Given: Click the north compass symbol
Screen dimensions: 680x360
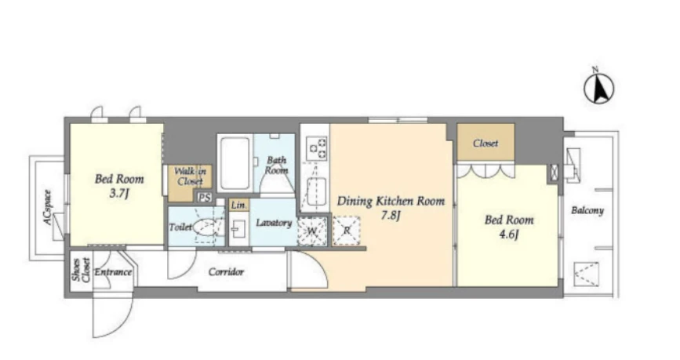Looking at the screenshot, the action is coord(598,88).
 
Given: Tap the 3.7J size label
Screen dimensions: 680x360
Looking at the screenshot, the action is coord(119,194).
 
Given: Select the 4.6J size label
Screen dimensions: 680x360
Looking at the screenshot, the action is coord(509,235).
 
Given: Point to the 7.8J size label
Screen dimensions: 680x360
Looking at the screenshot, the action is coord(391,215).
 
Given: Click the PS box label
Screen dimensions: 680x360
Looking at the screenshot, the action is coord(205,198).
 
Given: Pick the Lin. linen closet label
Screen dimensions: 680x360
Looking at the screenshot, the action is coord(238,205).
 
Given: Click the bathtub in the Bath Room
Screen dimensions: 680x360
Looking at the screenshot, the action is coord(235,163).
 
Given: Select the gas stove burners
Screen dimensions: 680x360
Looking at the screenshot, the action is coord(317,148).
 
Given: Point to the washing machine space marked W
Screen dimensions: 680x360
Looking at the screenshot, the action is coord(312,231).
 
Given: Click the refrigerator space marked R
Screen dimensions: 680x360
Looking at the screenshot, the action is coord(346,231).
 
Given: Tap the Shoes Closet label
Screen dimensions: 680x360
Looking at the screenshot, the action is coord(82,270).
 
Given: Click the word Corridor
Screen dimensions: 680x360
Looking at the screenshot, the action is coord(226,272).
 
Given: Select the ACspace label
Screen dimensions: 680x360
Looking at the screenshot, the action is coord(47,208).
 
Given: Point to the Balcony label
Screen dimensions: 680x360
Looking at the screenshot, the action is coord(587,211).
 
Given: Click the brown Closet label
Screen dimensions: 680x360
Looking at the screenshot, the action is coord(485,143).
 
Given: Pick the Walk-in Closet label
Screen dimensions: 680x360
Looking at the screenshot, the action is coord(190,176).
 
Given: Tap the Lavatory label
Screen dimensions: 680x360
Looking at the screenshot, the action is coord(274,223).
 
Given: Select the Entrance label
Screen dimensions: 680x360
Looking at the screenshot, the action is coord(113,272).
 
